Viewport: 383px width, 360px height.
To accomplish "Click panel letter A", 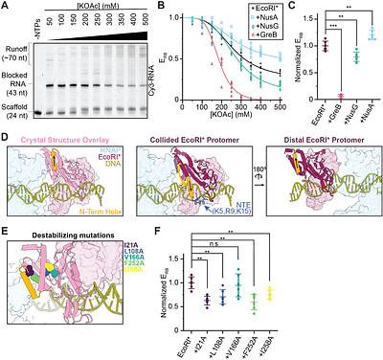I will click(x=6, y=6).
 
